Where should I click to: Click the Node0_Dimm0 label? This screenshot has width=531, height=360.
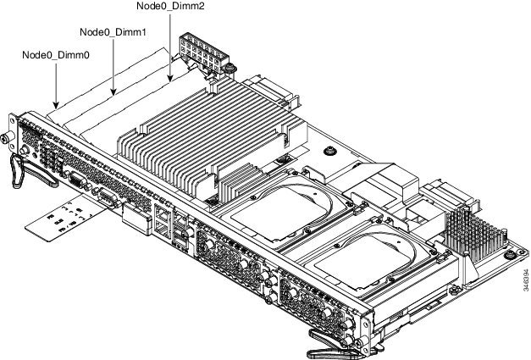(56, 55)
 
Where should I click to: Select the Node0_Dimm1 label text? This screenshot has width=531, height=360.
(113, 32)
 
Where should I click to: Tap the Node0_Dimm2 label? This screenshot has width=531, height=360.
(170, 6)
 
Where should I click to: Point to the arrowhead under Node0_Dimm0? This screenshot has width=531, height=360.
(56, 105)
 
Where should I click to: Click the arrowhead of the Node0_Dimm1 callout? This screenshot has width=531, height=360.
(113, 91)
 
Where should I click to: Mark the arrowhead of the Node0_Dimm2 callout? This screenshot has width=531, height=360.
(170, 78)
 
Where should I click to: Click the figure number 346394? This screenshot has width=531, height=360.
(525, 280)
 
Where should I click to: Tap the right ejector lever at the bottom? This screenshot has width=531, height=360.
(334, 342)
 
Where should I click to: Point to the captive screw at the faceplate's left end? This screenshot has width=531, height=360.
(7, 138)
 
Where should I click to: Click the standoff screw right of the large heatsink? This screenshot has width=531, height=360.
(329, 151)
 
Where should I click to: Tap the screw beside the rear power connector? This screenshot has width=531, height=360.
(230, 69)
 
